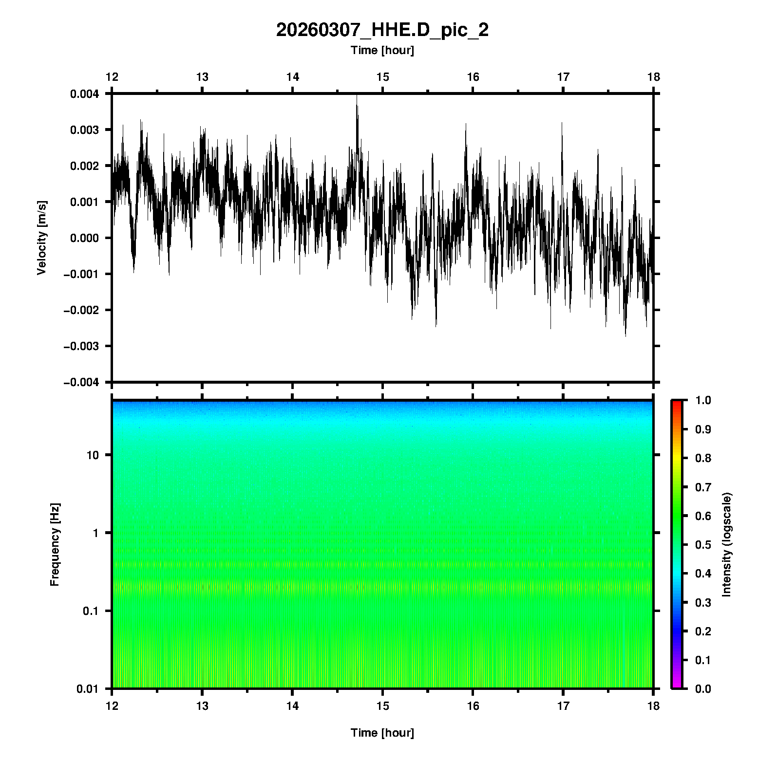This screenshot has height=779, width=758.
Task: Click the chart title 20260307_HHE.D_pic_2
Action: [x=382, y=30]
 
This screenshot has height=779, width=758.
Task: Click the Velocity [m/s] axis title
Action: [x=42, y=238]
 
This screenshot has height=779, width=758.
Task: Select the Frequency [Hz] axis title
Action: [x=55, y=544]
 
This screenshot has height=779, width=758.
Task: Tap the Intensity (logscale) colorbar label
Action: [x=727, y=544]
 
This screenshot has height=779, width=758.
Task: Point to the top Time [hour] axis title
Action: [x=382, y=50]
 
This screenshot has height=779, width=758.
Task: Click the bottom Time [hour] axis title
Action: [x=382, y=733]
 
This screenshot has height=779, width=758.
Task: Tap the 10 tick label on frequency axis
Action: [x=93, y=455]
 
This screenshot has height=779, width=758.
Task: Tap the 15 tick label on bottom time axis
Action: [x=382, y=705]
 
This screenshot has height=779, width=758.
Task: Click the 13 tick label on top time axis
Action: [x=202, y=77]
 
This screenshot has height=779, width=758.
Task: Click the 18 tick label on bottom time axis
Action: [x=653, y=705]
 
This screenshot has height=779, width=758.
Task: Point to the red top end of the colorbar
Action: [x=677, y=403]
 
